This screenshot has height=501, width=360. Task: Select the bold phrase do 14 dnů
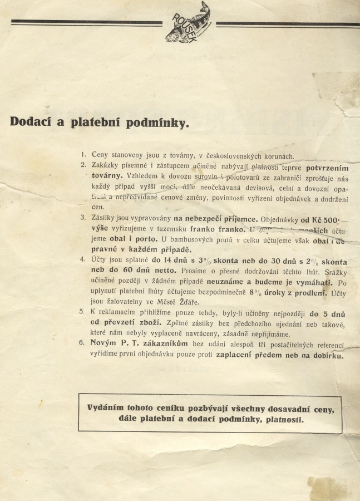coord(171,261)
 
